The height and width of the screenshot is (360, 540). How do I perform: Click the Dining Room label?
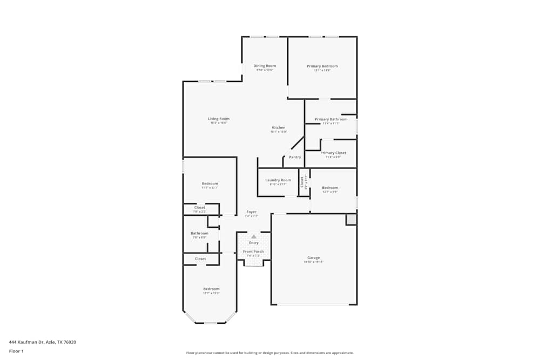pyautogui.click(x=265, y=66)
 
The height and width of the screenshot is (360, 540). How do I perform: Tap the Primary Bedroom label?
pyautogui.click(x=322, y=66)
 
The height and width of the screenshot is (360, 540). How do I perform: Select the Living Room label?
pyautogui.click(x=219, y=119)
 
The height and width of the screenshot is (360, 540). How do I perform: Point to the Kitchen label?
pyautogui.click(x=279, y=128)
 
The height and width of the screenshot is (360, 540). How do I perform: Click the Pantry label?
pyautogui.click(x=295, y=157)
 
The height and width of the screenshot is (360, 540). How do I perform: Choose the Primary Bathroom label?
pyautogui.click(x=331, y=119)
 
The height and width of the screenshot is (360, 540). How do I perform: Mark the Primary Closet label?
pyautogui.click(x=333, y=153)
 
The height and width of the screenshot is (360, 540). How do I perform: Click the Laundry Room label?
pyautogui.click(x=278, y=180)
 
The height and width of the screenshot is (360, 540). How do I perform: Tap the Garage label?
pyautogui.click(x=314, y=257)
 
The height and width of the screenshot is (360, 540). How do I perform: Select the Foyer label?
pyautogui.click(x=252, y=212)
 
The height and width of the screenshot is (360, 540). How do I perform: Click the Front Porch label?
pyautogui.click(x=253, y=252)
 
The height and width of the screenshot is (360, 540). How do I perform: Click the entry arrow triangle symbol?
pyautogui.click(x=254, y=236)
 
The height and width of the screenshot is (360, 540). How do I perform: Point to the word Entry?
pyautogui.click(x=254, y=243)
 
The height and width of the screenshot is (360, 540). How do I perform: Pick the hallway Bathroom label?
pyautogui.click(x=199, y=233)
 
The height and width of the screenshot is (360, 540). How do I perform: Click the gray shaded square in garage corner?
pyautogui.click(x=351, y=219)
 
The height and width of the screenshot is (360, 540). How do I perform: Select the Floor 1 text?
pyautogui.click(x=16, y=351)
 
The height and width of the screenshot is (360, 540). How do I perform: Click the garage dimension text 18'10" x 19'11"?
pyautogui.click(x=314, y=262)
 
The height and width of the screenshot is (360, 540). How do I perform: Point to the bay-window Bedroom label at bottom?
pyautogui.click(x=211, y=289)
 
